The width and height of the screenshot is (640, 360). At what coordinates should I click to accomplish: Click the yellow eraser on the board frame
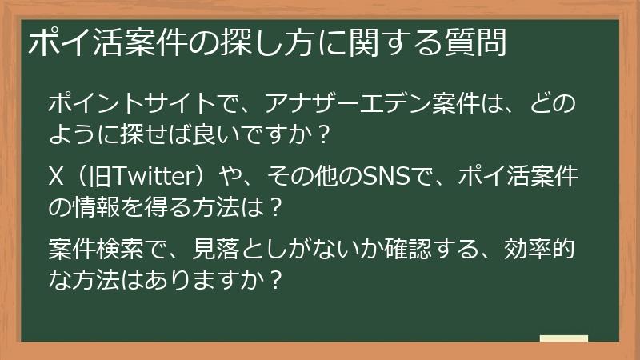tap(564, 340)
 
